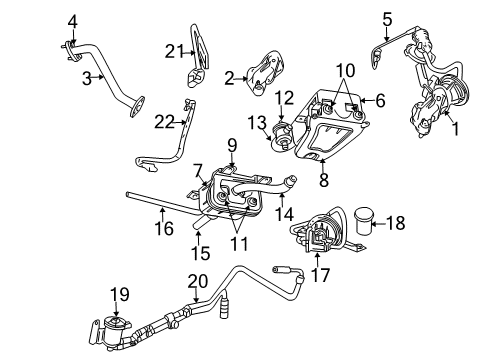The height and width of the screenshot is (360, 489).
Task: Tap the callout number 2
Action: [x=230, y=77]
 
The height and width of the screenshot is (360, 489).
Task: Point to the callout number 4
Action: [x=71, y=20]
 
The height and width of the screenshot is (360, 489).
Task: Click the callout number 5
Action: [x=387, y=18]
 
